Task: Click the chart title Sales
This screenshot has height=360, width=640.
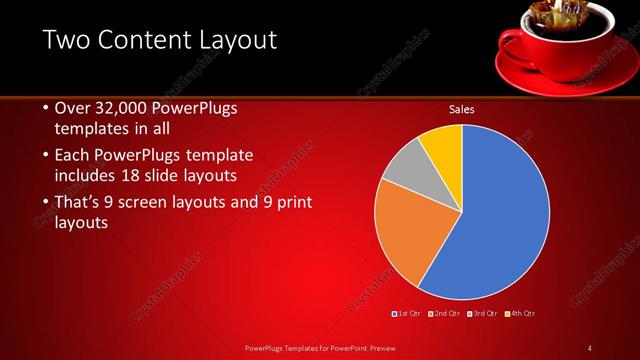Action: [x=461, y=109]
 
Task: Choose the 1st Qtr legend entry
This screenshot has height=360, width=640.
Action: [x=407, y=314]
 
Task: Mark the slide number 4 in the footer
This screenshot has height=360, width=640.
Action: [x=589, y=347]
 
